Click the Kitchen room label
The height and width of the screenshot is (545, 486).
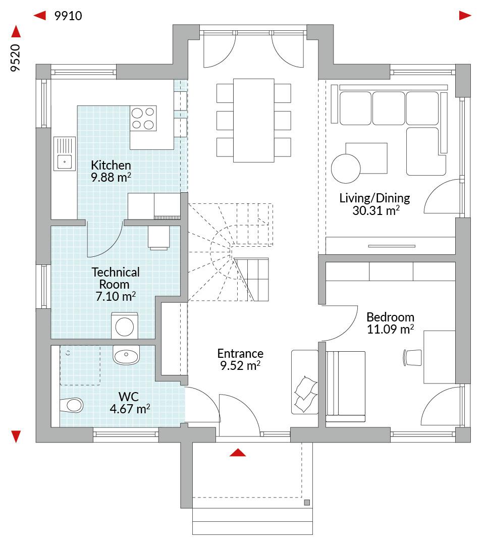(111, 165)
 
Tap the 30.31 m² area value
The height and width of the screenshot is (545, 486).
(376, 210)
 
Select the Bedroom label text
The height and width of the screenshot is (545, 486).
(391, 317)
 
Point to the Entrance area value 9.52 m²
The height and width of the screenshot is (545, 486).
(240, 365)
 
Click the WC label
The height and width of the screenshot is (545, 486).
(129, 397)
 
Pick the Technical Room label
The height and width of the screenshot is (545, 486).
(116, 278)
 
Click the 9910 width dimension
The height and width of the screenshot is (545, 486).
(68, 16)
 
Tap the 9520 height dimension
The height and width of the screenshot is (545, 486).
(15, 58)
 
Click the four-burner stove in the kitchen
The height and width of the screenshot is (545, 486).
(143, 118)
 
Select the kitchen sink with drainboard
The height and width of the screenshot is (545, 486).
(65, 153)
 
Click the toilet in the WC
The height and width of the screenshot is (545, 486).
(71, 405)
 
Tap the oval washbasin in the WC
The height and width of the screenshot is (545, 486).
(126, 355)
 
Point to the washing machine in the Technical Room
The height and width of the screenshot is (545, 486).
(125, 326)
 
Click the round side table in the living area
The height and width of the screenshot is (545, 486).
(346, 169)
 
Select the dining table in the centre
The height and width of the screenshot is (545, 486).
(254, 120)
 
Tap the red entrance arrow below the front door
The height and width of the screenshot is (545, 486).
(238, 452)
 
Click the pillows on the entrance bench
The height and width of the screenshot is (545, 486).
(305, 394)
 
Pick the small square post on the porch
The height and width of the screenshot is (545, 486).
(307, 503)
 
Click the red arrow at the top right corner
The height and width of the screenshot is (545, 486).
(465, 16)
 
